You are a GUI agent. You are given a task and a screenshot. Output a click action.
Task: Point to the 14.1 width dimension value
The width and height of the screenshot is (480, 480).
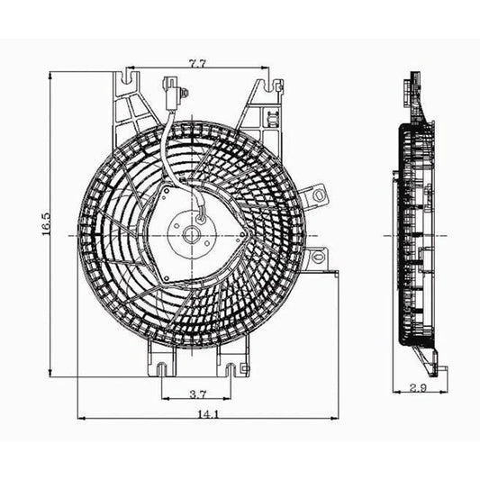tap(209, 414)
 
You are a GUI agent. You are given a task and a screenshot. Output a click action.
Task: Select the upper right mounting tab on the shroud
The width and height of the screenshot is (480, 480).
tap(314, 196)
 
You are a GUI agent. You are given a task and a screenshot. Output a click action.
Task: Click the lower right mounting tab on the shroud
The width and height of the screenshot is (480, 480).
tap(318, 261)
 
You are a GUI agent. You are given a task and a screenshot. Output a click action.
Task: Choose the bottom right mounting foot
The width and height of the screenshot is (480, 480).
tap(236, 367)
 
